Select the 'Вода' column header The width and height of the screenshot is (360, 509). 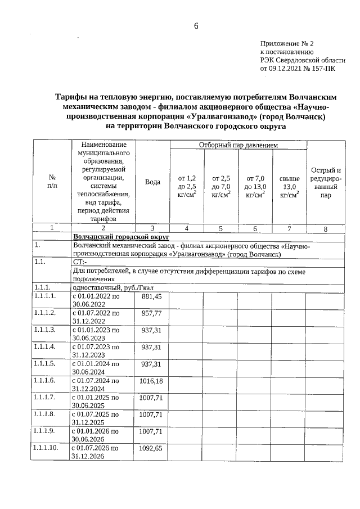click(x=152, y=182)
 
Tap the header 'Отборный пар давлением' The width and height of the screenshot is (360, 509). click(x=238, y=145)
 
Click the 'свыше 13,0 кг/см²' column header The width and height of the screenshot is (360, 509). click(x=289, y=186)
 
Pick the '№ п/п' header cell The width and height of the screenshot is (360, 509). click(x=52, y=182)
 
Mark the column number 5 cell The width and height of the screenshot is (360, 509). click(x=220, y=228)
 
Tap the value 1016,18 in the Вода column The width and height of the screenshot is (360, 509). click(x=151, y=381)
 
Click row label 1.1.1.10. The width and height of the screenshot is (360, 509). click(x=46, y=448)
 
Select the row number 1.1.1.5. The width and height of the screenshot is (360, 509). click(x=45, y=364)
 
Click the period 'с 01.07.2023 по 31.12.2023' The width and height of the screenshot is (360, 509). click(x=96, y=351)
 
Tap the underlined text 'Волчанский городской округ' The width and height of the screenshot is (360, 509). click(x=113, y=237)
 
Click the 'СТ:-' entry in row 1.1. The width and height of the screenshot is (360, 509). click(x=80, y=263)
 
